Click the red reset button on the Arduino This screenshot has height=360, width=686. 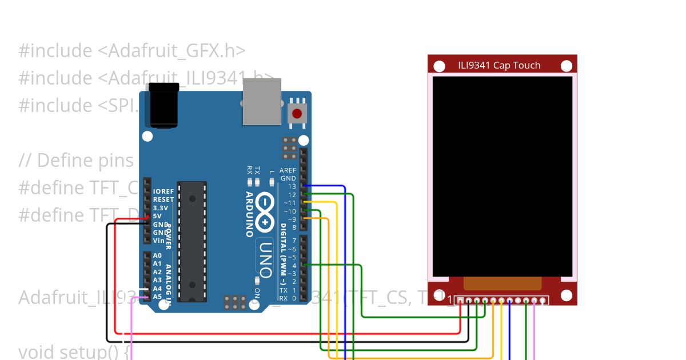click(297, 113)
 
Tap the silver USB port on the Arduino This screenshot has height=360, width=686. click(262, 101)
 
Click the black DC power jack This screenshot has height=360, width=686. click(162, 105)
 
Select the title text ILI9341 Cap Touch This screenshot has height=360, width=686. click(498, 65)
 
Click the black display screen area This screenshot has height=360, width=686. click(502, 176)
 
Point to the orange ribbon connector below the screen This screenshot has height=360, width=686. click(502, 283)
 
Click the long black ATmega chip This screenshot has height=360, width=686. click(192, 241)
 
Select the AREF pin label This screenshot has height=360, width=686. click(288, 170)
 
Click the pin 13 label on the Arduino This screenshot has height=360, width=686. click(292, 186)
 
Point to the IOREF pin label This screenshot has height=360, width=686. click(163, 191)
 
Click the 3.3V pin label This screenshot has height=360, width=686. click(160, 208)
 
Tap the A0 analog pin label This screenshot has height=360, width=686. click(157, 255)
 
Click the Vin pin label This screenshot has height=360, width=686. click(159, 241)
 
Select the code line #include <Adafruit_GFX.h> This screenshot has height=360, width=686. click(132, 51)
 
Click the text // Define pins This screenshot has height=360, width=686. click(76, 161)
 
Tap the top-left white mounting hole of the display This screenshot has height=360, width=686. click(439, 66)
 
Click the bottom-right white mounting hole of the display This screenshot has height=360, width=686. click(566, 295)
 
